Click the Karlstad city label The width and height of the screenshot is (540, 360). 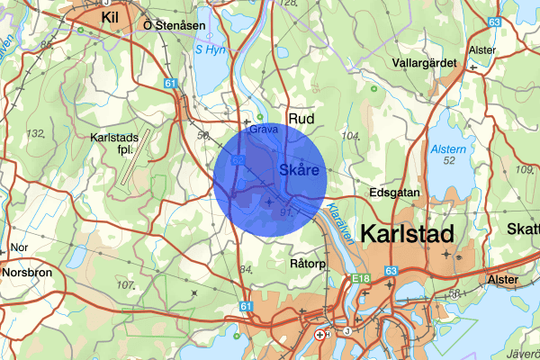pyautogui.click(x=407, y=233)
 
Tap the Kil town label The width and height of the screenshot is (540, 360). pyautogui.click(x=111, y=18)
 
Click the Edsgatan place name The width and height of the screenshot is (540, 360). pyautogui.click(x=396, y=193)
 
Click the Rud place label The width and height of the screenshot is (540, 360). pyautogui.click(x=299, y=118)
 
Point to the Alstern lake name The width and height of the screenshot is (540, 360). pyautogui.click(x=447, y=148)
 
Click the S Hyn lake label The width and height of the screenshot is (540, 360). pyautogui.click(x=210, y=50)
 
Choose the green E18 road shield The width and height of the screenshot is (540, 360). pyautogui.click(x=362, y=279)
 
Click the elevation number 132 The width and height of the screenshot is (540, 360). pyautogui.click(x=36, y=133)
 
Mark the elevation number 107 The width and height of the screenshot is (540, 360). pyautogui.click(x=124, y=284)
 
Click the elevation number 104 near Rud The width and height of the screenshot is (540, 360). pyautogui.click(x=351, y=136)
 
